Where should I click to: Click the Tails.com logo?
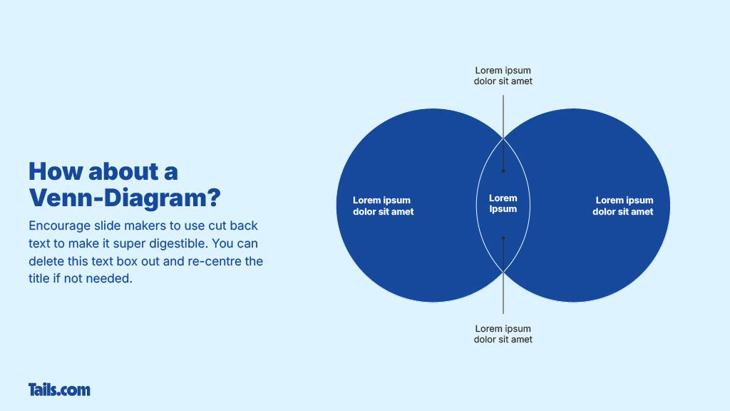[59, 390]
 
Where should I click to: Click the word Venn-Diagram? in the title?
[125, 196]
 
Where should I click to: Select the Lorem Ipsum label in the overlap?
[503, 203]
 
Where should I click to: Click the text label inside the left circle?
[383, 205]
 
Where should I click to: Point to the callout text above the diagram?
[503, 76]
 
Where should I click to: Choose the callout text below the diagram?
[503, 334]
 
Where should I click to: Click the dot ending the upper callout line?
[503, 171]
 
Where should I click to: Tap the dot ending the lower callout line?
[503, 238]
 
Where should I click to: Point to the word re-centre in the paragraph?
[215, 261]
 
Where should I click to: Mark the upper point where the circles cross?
[503, 138]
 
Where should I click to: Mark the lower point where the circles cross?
[503, 272]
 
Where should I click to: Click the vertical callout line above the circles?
[503, 114]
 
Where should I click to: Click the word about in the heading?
[113, 172]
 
